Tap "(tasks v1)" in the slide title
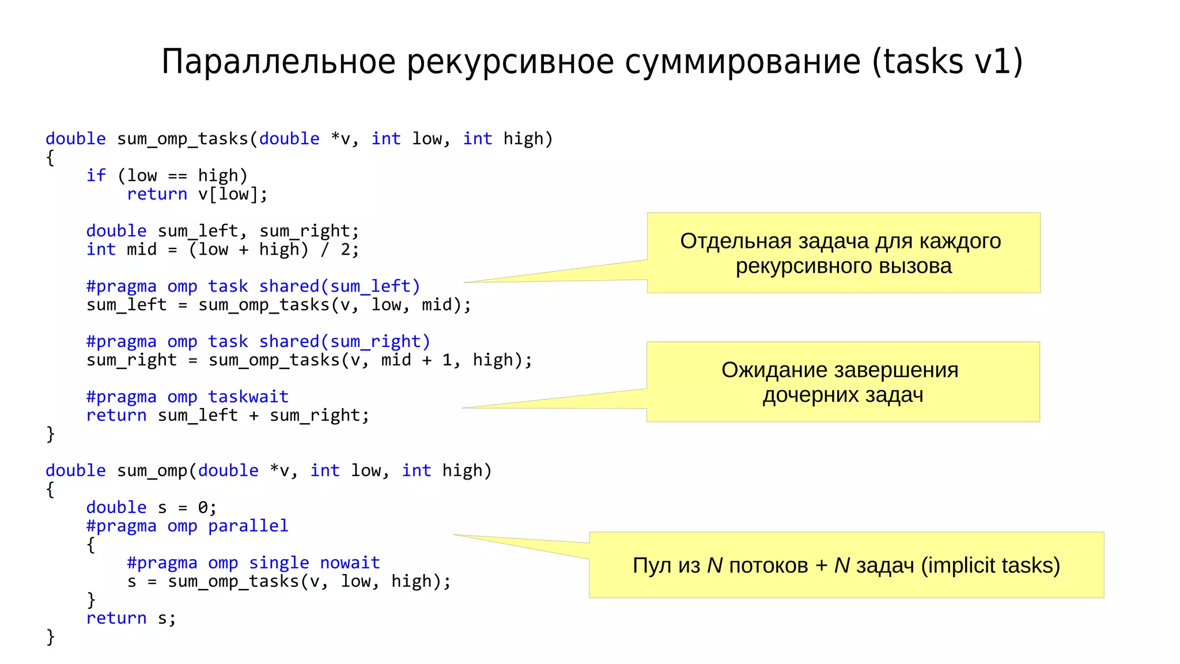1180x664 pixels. click(x=947, y=62)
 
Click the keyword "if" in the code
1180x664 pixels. click(x=96, y=175)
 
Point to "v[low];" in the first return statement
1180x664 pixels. click(x=233, y=194)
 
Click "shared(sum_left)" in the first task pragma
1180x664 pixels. click(x=339, y=286)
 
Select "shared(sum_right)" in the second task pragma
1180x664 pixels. click(x=345, y=341)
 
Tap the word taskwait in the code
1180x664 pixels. click(x=248, y=397)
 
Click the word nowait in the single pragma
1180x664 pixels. click(x=350, y=563)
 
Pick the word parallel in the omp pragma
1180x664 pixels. click(x=248, y=526)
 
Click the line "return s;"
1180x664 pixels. click(x=131, y=618)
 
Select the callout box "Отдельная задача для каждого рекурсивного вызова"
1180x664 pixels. click(x=843, y=253)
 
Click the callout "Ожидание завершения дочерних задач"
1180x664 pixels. click(x=842, y=382)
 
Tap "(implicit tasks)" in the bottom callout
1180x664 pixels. click(x=990, y=565)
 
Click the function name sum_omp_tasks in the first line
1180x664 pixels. click(x=182, y=139)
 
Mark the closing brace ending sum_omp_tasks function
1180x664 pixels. click(x=51, y=433)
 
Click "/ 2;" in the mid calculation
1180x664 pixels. click(x=339, y=250)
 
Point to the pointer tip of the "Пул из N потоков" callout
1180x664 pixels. click(x=455, y=535)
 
